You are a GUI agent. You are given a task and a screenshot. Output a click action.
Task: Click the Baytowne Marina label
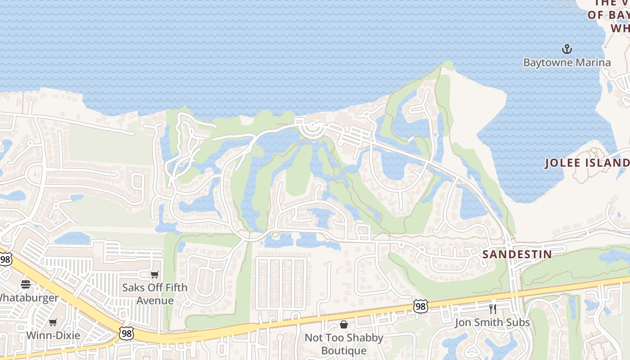pyautogui.click(x=567, y=62)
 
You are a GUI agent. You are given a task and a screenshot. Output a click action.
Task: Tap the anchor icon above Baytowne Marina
pyautogui.click(x=567, y=49)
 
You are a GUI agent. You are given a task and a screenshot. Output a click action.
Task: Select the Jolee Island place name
pyautogui.click(x=587, y=163)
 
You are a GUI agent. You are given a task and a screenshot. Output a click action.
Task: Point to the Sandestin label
pyautogui.click(x=517, y=254)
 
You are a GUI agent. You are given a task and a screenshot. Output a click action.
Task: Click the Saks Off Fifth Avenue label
pyautogui.click(x=155, y=293)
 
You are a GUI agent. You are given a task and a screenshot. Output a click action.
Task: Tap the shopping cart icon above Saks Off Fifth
pyautogui.click(x=155, y=274)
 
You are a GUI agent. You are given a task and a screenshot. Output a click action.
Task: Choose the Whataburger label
pyautogui.click(x=28, y=298)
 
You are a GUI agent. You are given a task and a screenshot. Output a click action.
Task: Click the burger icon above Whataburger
pyautogui.click(x=26, y=284)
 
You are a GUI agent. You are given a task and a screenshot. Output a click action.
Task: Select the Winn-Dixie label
pyautogui.click(x=53, y=335)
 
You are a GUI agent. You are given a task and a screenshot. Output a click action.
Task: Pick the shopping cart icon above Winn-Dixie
pyautogui.click(x=53, y=322)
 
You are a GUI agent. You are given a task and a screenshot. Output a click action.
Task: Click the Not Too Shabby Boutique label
pyautogui.click(x=344, y=344)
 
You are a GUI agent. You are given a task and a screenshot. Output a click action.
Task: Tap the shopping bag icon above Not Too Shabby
pyautogui.click(x=344, y=324)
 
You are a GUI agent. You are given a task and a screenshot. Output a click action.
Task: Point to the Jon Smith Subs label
pyautogui.click(x=492, y=322)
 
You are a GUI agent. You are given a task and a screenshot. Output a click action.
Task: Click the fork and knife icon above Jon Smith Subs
pyautogui.click(x=492, y=309)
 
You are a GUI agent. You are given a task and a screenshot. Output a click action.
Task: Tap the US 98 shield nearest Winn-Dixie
pyautogui.click(x=127, y=333)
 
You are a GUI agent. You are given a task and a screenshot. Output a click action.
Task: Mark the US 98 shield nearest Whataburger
pyautogui.click(x=5, y=259)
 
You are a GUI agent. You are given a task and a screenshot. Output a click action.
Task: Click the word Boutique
pyautogui.click(x=344, y=351)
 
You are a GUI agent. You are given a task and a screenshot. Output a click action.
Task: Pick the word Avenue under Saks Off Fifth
pyautogui.click(x=155, y=300)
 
